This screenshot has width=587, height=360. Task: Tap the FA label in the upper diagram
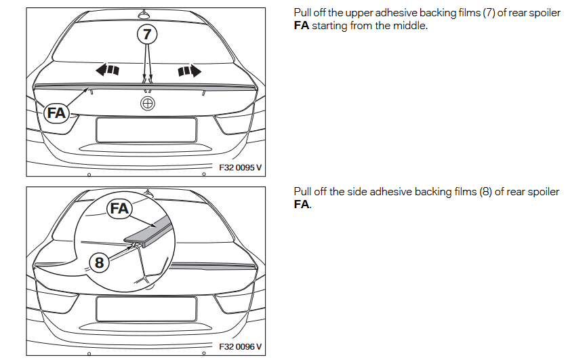[56, 113]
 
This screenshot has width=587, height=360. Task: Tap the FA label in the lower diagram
[119, 209]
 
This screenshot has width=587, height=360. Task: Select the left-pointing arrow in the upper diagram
[108, 69]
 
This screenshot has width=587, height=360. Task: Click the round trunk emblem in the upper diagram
[147, 104]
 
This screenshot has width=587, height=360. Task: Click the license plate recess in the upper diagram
[146, 129]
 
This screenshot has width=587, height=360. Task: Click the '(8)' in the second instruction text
[485, 192]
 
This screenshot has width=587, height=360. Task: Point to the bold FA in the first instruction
[302, 26]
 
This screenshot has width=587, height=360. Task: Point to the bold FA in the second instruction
[302, 204]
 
